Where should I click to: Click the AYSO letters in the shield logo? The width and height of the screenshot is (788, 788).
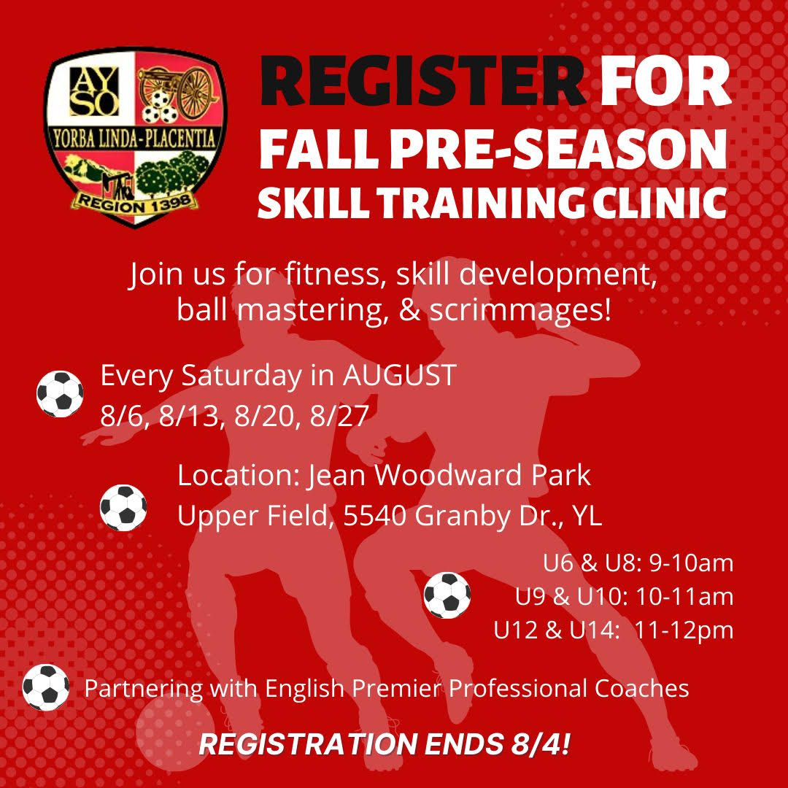pos(94,91)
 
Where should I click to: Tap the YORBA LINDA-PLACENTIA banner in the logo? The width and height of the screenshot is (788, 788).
pos(134,139)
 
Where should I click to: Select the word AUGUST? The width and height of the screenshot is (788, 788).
pos(400,375)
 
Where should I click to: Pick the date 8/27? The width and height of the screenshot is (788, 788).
pos(340,416)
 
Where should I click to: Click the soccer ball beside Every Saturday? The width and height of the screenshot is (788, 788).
pos(60,394)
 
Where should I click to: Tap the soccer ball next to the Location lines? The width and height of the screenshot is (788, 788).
pos(123,508)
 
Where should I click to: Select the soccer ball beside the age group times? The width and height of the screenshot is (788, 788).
pos(447,595)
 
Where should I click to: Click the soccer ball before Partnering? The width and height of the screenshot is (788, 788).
pos(46,687)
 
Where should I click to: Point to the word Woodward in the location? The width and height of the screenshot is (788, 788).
pos(449,475)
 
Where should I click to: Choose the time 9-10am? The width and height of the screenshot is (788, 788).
pos(691,563)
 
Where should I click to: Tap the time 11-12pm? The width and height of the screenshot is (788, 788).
pos(684,630)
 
